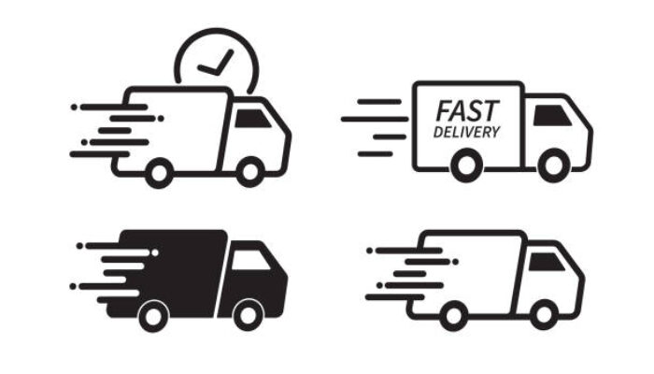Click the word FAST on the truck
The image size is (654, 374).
[x=467, y=110]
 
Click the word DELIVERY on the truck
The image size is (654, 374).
[x=466, y=132]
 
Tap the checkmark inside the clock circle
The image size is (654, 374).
[x=216, y=63]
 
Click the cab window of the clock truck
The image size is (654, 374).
[x=253, y=119]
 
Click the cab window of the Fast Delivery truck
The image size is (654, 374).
[x=552, y=116]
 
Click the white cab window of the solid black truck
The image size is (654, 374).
[x=250, y=260]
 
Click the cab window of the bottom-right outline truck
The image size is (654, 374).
[x=547, y=262]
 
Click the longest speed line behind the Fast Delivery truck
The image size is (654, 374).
[x=375, y=120]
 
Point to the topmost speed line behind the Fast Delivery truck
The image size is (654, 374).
[x=379, y=102]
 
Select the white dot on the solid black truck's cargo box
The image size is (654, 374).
[x=155, y=252]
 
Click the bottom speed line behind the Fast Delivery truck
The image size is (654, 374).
[x=375, y=154]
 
